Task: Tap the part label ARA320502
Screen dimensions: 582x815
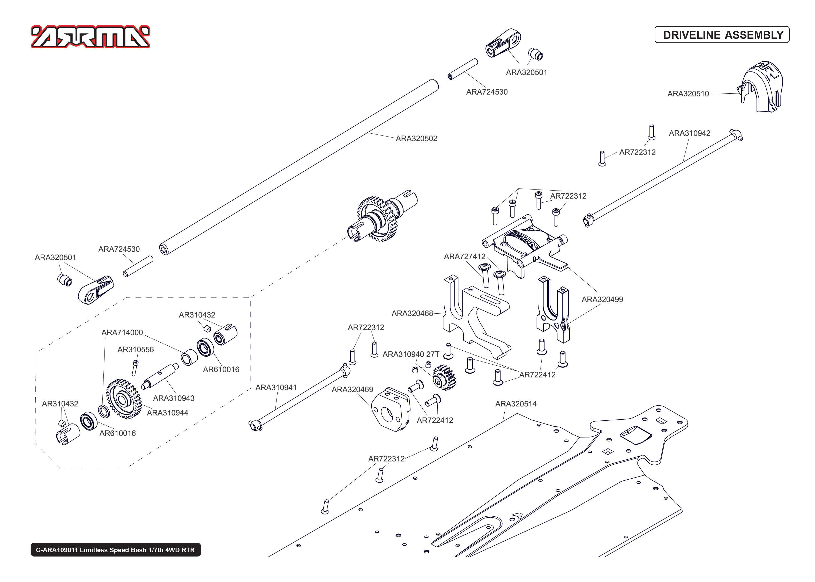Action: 416,138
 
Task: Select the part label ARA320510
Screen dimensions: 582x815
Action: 688,94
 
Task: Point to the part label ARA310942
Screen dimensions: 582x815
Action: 689,133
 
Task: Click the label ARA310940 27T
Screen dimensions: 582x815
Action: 411,354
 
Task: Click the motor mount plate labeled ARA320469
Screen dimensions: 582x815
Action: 391,409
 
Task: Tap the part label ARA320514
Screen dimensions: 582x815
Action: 516,404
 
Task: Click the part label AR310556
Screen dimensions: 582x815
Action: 136,349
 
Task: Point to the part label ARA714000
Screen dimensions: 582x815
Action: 122,332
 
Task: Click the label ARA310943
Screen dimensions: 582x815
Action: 174,398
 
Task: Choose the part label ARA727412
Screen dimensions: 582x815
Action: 465,256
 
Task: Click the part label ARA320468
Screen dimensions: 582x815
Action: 412,313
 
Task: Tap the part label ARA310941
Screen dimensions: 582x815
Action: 276,387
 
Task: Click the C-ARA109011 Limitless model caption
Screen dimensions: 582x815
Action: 115,550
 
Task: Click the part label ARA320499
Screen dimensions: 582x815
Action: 602,299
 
